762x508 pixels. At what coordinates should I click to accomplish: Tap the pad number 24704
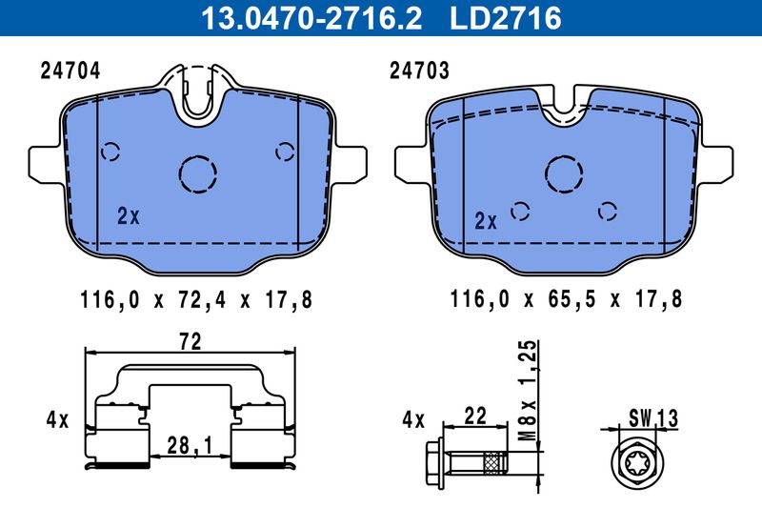click(70, 71)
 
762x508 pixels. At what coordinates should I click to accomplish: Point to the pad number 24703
click(420, 71)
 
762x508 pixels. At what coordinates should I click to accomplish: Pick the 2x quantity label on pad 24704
click(128, 216)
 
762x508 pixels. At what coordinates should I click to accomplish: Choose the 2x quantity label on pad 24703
click(486, 222)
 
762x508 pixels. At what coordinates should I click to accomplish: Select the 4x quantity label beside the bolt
click(411, 418)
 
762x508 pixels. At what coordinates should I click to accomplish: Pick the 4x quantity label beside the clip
click(58, 418)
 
